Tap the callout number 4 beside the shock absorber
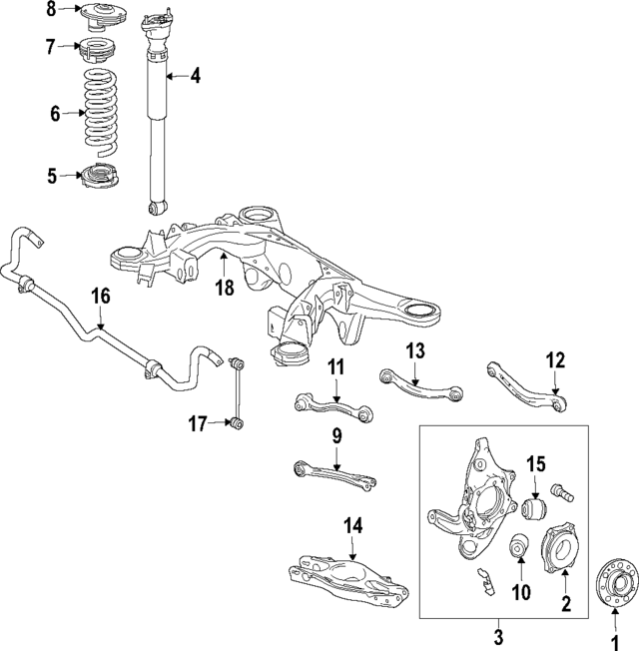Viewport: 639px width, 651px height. [x=196, y=75]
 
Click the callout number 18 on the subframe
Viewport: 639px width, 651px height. [x=225, y=288]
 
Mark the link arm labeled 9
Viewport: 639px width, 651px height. [x=335, y=472]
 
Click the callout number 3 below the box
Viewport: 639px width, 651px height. [x=501, y=635]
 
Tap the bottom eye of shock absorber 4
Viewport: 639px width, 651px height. [x=156, y=208]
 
